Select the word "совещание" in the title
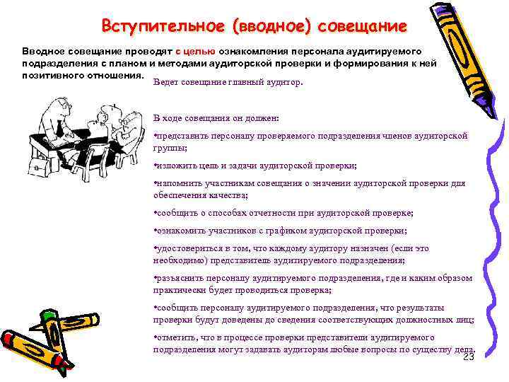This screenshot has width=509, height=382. pyautogui.click(x=363, y=27)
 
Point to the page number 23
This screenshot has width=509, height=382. pyautogui.click(x=468, y=357)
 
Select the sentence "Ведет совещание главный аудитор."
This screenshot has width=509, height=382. pyautogui.click(x=227, y=82)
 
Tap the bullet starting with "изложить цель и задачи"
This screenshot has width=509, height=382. pyautogui.click(x=255, y=166)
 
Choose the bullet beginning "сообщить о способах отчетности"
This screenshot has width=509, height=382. pyautogui.click(x=283, y=212)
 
